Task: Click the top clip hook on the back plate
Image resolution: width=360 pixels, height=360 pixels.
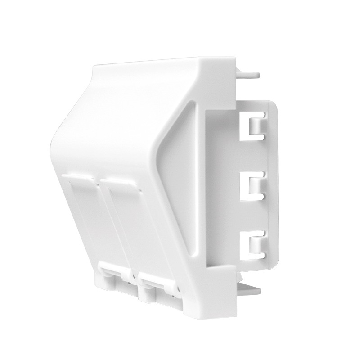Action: click(256, 125)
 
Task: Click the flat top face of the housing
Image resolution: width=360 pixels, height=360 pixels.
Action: click(162, 67)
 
